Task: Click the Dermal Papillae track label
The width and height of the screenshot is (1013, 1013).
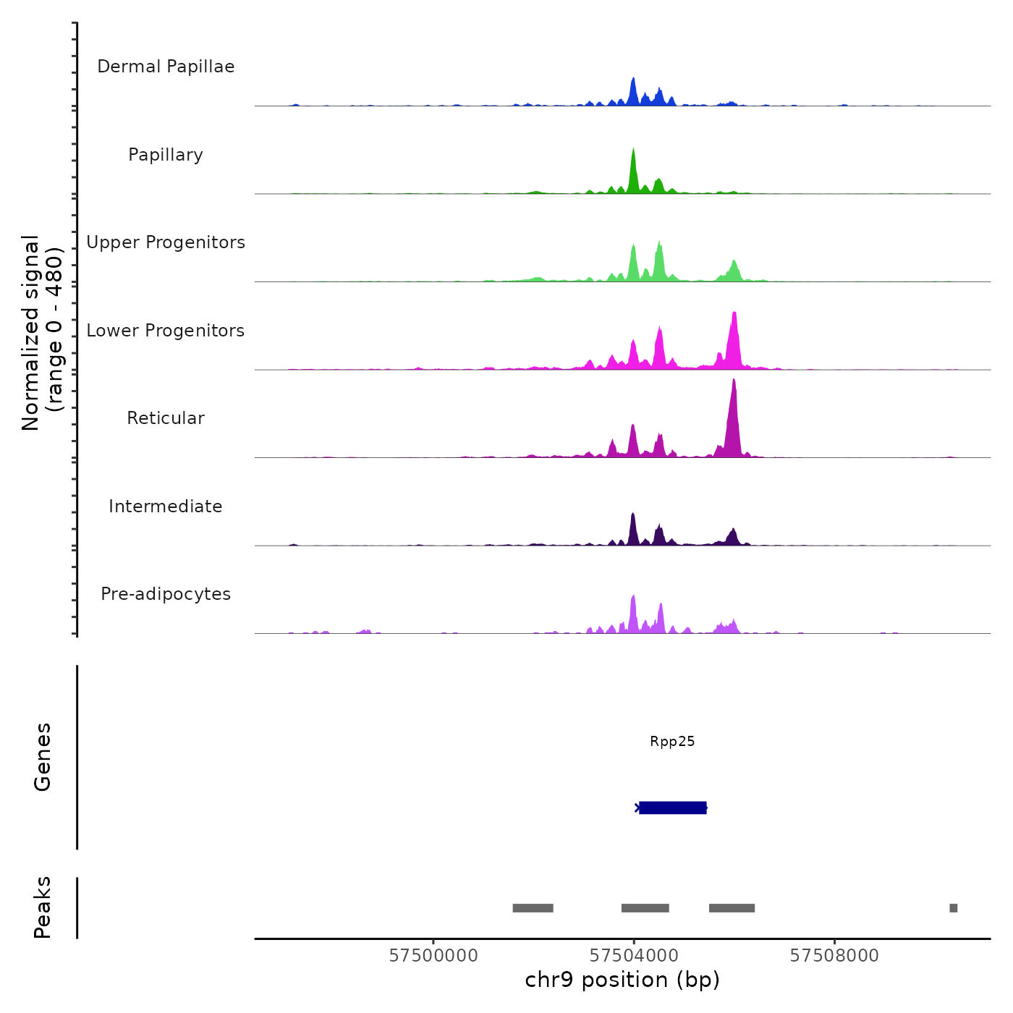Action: [x=166, y=67]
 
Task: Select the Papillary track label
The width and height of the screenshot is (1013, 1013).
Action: [x=166, y=155]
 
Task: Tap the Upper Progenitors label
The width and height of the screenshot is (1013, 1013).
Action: [x=166, y=242]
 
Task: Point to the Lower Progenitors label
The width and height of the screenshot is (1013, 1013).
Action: [x=166, y=331]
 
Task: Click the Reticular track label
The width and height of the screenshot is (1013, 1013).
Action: [x=166, y=418]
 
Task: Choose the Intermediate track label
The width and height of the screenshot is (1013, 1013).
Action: [x=166, y=506]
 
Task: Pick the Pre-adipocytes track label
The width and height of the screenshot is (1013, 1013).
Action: [x=166, y=594]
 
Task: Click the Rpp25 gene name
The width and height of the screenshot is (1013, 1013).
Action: [x=672, y=741]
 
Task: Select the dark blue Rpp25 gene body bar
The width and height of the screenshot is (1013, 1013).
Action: [x=673, y=808]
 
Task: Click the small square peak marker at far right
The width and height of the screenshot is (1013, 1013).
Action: [x=953, y=908]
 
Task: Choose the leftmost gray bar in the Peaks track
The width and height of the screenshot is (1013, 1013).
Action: [x=533, y=908]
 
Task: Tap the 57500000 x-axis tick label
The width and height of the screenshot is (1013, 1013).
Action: [x=433, y=956]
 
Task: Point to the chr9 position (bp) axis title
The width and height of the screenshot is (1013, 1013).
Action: [x=622, y=980]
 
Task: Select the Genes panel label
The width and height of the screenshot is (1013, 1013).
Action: [x=43, y=757]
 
